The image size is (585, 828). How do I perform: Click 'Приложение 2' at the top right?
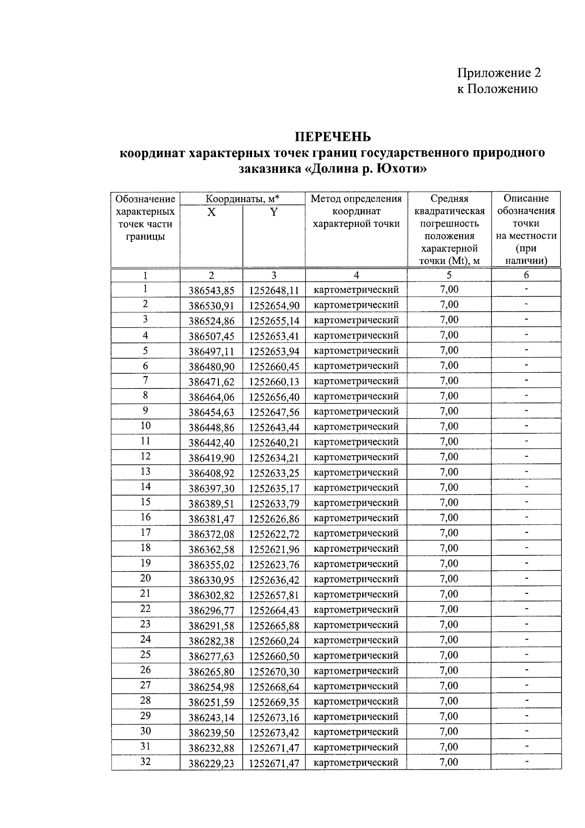(x=499, y=73)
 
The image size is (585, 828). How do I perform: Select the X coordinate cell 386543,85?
(x=211, y=291)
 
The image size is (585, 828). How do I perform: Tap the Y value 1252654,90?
(x=274, y=306)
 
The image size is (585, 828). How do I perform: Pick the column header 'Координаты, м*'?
(x=242, y=199)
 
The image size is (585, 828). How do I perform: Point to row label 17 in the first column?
(x=145, y=532)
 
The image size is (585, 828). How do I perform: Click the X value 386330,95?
(x=211, y=580)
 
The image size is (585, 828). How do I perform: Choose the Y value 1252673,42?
(x=274, y=732)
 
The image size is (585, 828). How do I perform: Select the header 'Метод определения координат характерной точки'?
(x=356, y=211)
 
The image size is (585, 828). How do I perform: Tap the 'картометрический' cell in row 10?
(x=356, y=426)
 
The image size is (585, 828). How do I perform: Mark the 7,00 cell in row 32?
(x=449, y=762)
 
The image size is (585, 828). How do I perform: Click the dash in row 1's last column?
(x=526, y=289)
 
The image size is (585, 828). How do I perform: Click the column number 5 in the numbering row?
(x=449, y=275)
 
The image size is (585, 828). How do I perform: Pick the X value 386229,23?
(x=211, y=763)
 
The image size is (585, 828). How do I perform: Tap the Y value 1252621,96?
(x=274, y=549)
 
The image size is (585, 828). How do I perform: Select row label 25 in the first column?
(x=145, y=654)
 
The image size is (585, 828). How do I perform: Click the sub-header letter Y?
(x=274, y=212)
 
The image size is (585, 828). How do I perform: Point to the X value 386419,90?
(x=211, y=458)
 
